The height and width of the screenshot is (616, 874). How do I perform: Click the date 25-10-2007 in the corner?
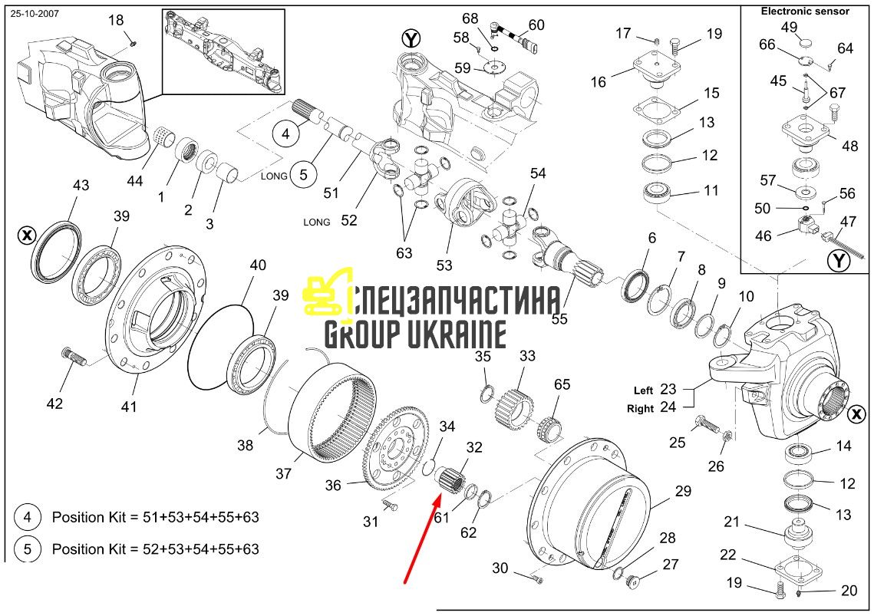coord(35,13)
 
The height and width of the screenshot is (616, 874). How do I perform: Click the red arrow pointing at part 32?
coord(421,539)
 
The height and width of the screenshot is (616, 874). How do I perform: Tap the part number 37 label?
coord(283,474)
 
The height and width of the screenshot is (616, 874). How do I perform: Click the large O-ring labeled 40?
coord(221,346)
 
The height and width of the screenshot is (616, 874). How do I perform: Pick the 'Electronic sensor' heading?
coord(805,12)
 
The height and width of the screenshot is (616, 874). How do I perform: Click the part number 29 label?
coord(683,491)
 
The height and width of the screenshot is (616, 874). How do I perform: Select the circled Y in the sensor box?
coord(839,260)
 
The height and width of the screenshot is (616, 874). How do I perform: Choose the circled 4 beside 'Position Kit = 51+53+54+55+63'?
coord(27,517)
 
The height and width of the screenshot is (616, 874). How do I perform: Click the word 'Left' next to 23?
coord(643,390)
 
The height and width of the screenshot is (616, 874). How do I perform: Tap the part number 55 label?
coord(559,319)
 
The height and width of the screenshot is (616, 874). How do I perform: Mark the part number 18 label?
coord(115,21)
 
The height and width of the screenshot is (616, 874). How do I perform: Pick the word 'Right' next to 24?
coord(640,409)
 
